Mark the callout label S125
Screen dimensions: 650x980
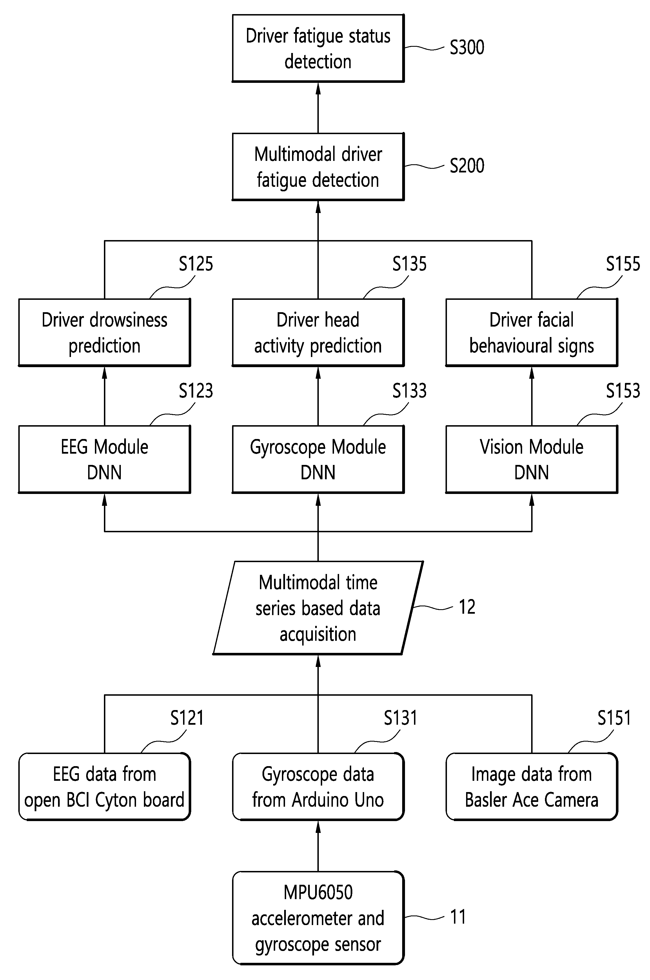point(196,264)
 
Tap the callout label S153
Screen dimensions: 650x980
point(623,391)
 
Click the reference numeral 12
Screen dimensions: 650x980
point(467,607)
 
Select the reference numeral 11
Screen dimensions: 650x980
point(458,917)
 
